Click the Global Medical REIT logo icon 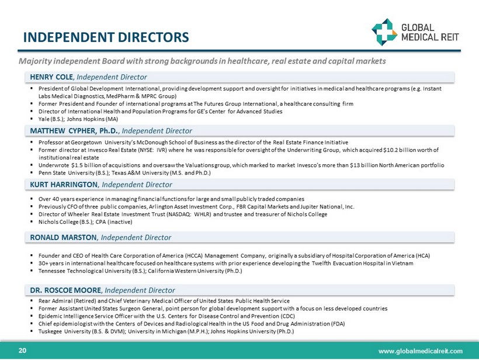pyautogui.click(x=383, y=30)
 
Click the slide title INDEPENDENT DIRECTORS pyautogui.click(x=106, y=37)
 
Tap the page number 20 pyautogui.click(x=23, y=350)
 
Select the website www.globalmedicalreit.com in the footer pyautogui.click(x=421, y=351)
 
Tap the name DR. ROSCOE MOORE pyautogui.click(x=67, y=290)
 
